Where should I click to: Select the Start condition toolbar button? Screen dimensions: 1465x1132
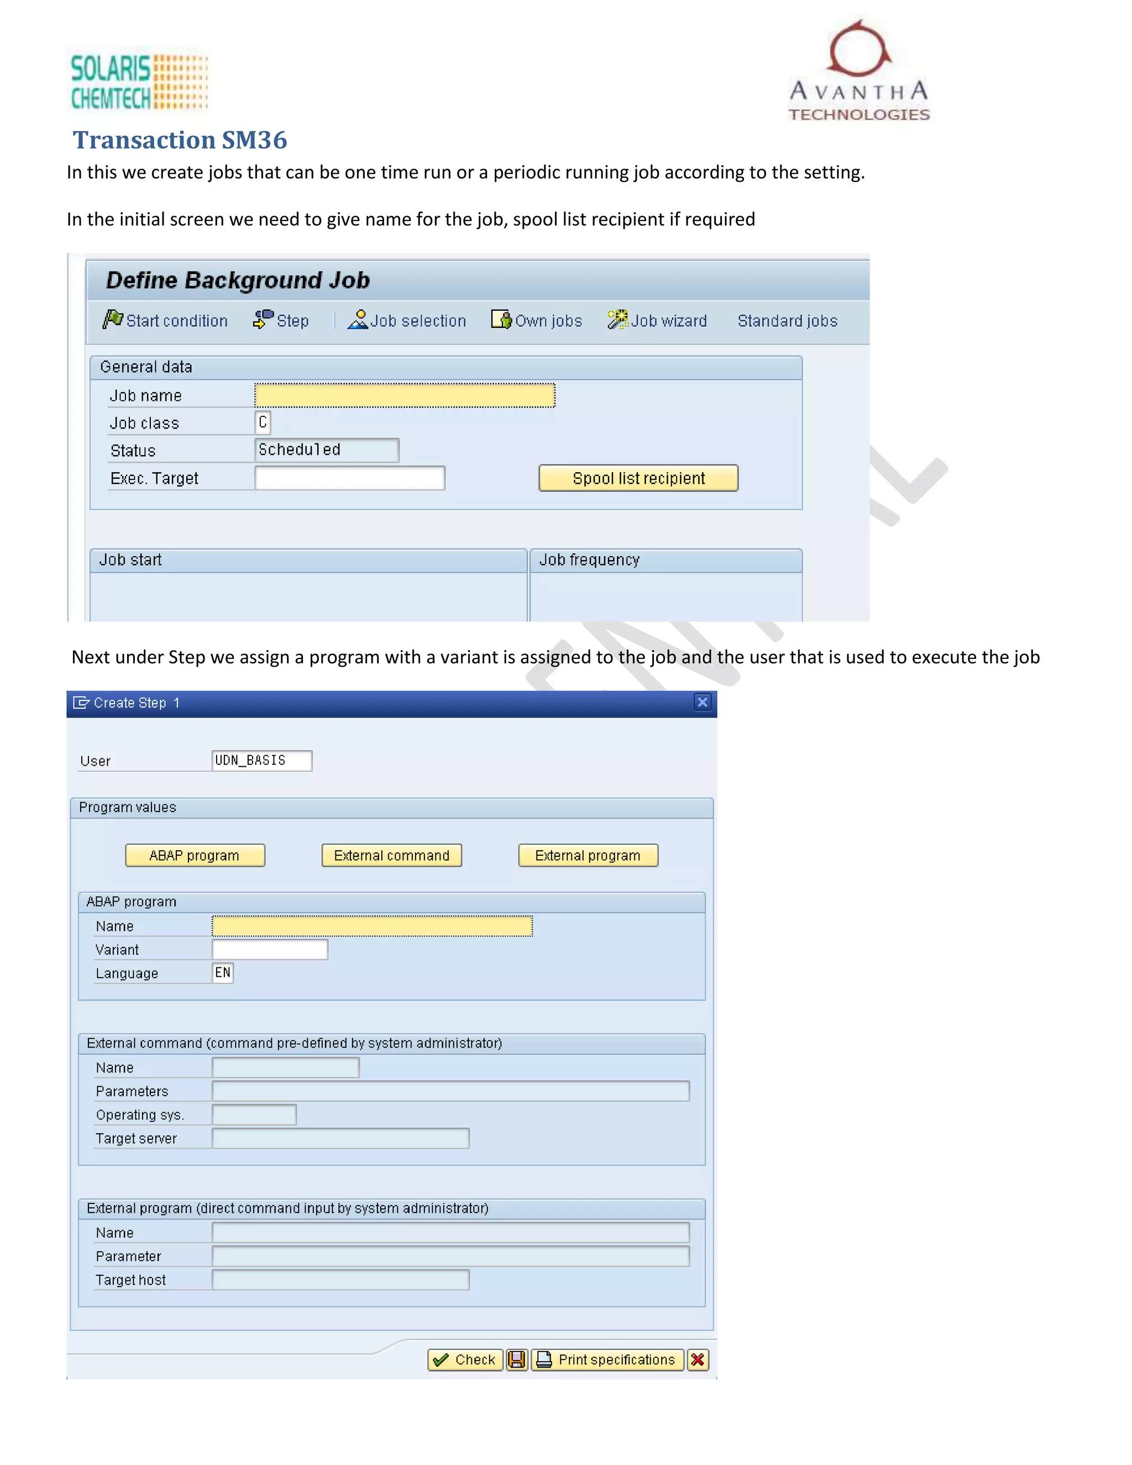pos(166,321)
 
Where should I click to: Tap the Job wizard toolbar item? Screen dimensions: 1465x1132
pos(657,321)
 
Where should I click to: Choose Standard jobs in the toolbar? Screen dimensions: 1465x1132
pos(787,321)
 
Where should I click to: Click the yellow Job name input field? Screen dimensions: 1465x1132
pos(405,395)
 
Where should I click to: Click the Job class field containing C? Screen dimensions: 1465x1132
pos(263,422)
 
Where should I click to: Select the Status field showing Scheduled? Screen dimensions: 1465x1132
pos(327,450)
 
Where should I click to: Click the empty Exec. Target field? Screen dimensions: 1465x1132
pos(349,478)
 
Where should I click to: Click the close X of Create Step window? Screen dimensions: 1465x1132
pos(702,702)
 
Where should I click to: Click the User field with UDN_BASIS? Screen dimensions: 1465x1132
pos(261,761)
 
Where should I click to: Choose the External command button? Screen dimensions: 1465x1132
pos(392,855)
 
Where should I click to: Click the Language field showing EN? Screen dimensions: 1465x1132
pos(223,972)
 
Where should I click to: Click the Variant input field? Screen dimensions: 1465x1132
pos(270,949)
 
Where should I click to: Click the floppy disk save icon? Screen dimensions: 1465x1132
pos(516,1360)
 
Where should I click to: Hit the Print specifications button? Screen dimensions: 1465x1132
pos(607,1360)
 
